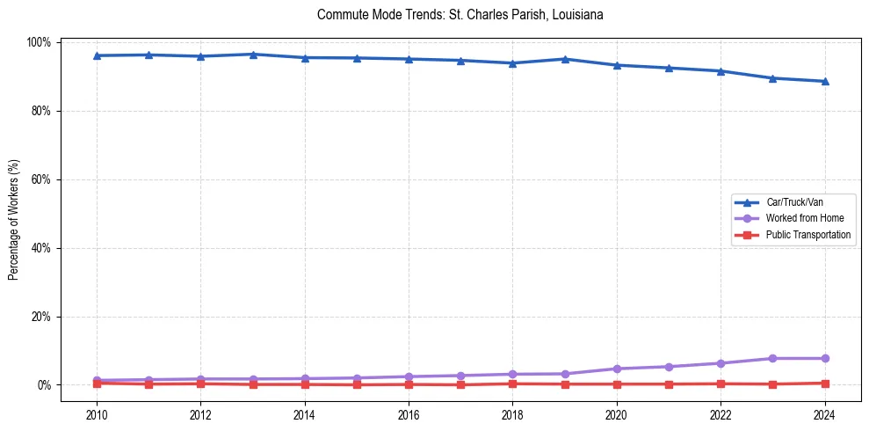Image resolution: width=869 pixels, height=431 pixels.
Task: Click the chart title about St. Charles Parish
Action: (460, 15)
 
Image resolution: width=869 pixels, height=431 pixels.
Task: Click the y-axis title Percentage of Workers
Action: (14, 215)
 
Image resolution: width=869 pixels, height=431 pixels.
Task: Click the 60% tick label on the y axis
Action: (43, 179)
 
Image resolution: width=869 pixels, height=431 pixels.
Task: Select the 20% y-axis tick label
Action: (43, 317)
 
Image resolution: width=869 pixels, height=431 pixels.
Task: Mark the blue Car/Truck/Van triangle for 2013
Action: (253, 55)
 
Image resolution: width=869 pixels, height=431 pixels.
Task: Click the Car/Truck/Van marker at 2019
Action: (565, 59)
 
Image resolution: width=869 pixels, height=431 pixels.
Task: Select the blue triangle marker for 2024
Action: (824, 81)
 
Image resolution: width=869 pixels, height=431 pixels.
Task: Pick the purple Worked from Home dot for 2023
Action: (772, 358)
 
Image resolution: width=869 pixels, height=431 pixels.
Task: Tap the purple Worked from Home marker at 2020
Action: (617, 369)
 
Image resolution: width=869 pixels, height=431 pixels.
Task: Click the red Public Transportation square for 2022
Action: (721, 384)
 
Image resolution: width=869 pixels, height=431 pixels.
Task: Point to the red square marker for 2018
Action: (512, 384)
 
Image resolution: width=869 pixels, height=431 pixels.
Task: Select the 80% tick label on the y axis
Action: (43, 111)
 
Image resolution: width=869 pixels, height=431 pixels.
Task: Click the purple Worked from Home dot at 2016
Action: (409, 376)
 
